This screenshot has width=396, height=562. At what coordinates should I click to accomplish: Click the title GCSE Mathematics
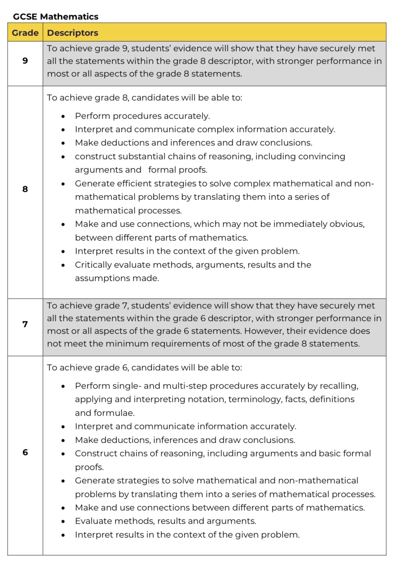pos(56,17)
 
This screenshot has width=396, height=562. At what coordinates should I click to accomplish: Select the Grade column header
pos(25,33)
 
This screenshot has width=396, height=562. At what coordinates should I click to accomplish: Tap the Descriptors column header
pos(73,33)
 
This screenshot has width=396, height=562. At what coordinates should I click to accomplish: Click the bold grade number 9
pos(25,61)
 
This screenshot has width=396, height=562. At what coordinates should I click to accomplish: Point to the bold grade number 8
pos(25,189)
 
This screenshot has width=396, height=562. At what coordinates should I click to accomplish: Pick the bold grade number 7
pos(25,324)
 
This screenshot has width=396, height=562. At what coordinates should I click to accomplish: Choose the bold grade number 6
pos(25,453)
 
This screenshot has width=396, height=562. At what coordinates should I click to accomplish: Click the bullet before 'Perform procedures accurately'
pos(63,116)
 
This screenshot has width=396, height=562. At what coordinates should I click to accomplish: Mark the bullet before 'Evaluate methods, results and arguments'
pos(63,522)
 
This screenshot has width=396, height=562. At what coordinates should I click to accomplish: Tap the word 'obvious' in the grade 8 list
pos(346,224)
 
